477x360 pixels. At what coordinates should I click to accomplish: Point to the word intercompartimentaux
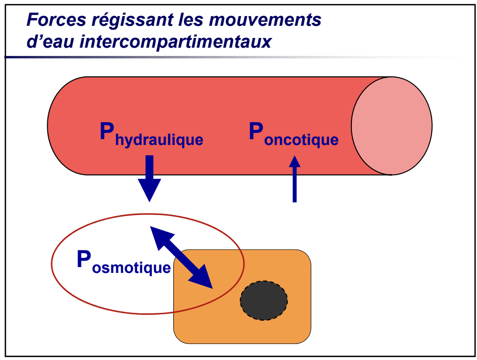pyautogui.click(x=175, y=42)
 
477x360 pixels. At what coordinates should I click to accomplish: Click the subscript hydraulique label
pyautogui.click(x=159, y=141)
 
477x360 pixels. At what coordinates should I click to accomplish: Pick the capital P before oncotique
pyautogui.click(x=256, y=131)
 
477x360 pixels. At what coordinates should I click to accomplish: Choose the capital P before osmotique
pyautogui.click(x=84, y=260)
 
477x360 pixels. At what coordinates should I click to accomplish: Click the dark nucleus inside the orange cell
pyautogui.click(x=264, y=300)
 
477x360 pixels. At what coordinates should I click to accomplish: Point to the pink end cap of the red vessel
pyautogui.click(x=392, y=126)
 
